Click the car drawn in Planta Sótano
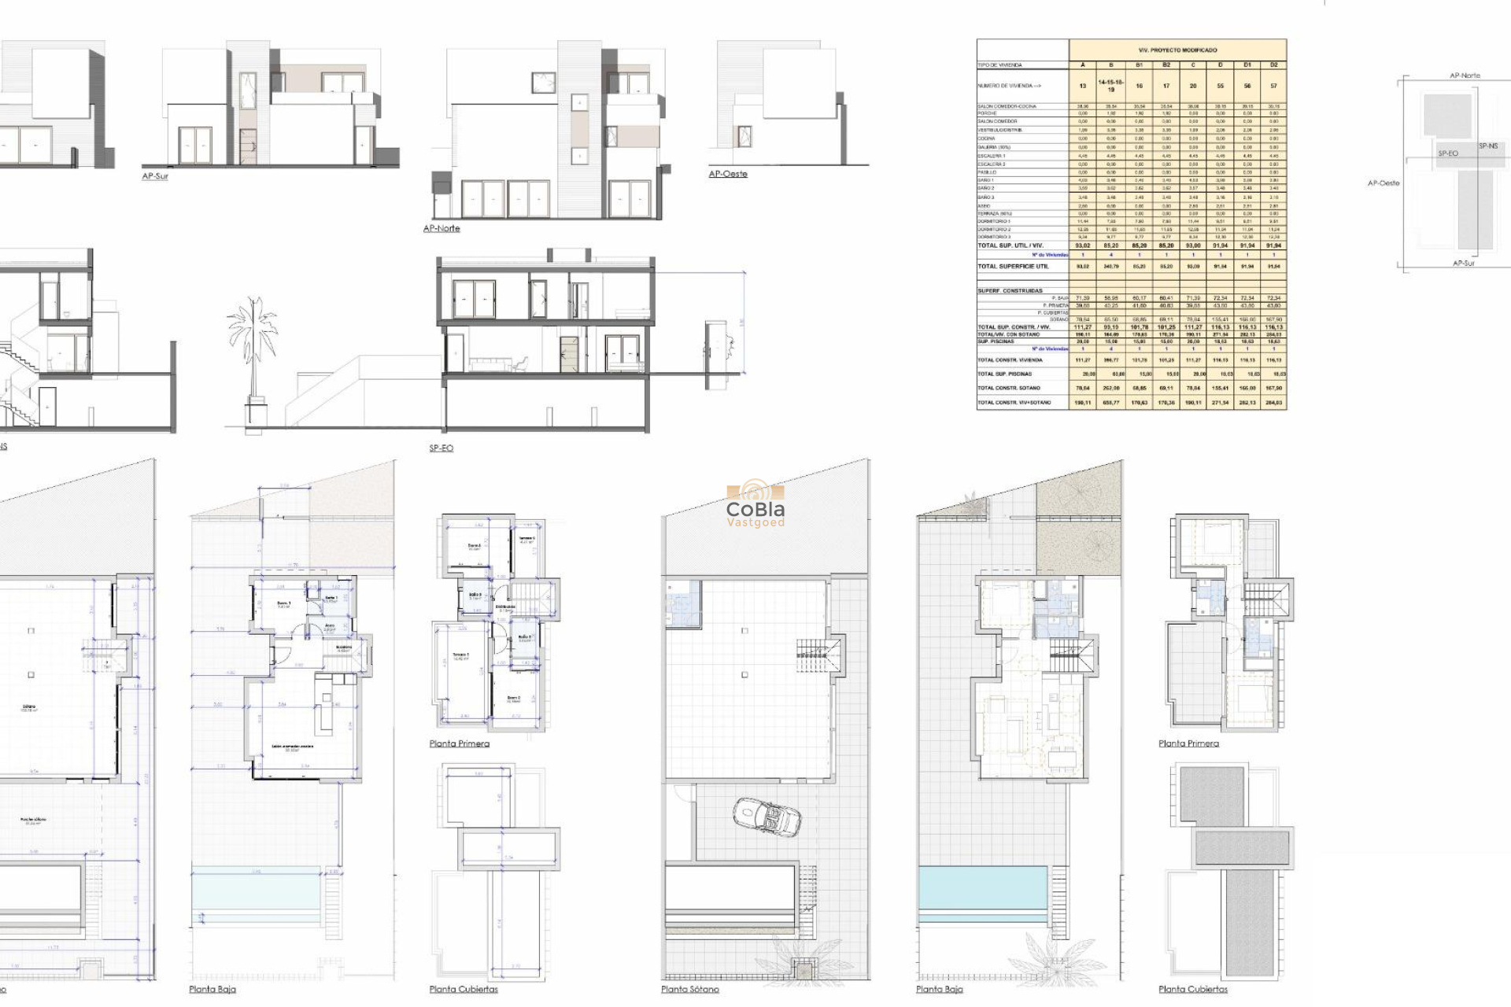pos(767,816)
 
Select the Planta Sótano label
pos(689,989)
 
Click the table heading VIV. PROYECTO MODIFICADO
pos(1177,50)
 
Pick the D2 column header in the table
pos(1273,65)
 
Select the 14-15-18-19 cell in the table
pos(1110,86)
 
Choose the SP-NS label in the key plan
pos(1487,146)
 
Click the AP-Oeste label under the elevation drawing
pos(728,174)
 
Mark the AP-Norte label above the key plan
pos(1464,76)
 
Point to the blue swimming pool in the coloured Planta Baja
pos(982,887)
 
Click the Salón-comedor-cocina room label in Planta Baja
pos(293,747)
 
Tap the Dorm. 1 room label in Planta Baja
pos(283,604)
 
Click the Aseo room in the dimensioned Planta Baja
pos(331,627)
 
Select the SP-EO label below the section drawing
pos(441,448)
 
